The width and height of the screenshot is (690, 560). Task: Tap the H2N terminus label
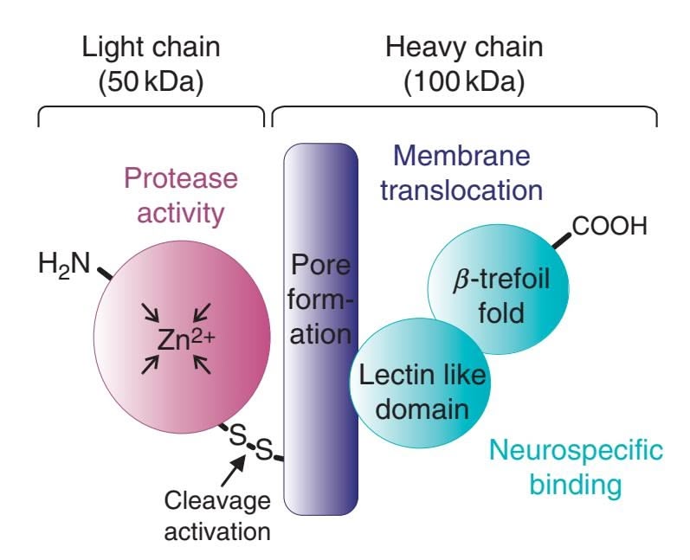[x=63, y=263]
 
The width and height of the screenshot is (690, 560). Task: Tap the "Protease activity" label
[x=179, y=194]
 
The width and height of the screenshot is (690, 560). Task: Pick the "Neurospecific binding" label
[x=576, y=467]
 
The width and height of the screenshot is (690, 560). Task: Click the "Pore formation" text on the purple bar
[x=319, y=298]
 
